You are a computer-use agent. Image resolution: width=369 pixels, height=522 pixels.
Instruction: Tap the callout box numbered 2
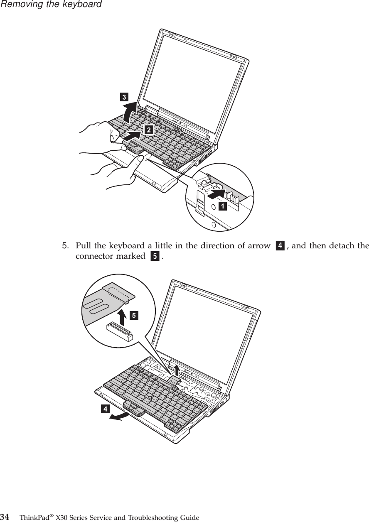pos(148,130)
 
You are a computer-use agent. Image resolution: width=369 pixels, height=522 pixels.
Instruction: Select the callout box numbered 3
pos(124,98)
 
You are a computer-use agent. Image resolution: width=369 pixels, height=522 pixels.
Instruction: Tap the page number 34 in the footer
pos(5,517)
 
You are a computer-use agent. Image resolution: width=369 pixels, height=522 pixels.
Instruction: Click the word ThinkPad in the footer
pos(33,518)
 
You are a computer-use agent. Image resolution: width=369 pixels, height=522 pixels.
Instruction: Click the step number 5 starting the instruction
pos(65,245)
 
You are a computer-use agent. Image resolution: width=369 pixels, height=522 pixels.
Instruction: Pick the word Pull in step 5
pos(82,245)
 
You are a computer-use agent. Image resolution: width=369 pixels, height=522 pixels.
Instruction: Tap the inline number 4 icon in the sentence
pos(280,246)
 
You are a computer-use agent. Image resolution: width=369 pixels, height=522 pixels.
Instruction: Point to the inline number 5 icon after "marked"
pos(155,256)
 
